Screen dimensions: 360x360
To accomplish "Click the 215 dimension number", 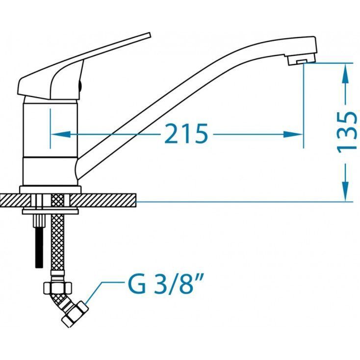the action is click(x=186, y=133).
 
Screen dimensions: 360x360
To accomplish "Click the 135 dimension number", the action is click(x=347, y=132).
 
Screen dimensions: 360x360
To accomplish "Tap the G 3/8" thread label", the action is click(x=166, y=284).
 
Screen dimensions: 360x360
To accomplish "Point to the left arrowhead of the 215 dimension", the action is click(x=60, y=134).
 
